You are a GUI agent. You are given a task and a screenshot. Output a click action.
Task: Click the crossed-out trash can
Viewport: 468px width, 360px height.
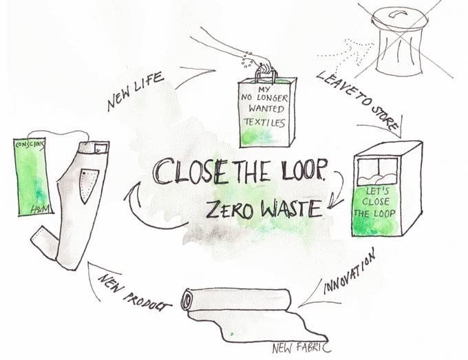(x=400, y=42)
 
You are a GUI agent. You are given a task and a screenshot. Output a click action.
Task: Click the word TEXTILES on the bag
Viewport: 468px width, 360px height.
(x=264, y=122)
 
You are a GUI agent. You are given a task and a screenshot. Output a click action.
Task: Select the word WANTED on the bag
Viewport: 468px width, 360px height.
(x=266, y=109)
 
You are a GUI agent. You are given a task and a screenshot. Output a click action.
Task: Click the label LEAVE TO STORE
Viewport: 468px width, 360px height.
(x=357, y=100)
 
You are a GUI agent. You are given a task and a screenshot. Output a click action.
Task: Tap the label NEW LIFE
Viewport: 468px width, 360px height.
(x=136, y=91)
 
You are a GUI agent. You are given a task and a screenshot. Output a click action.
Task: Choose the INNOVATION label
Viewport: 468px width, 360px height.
(x=349, y=272)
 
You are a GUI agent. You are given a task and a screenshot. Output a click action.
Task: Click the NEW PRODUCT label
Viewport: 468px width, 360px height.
(x=135, y=293)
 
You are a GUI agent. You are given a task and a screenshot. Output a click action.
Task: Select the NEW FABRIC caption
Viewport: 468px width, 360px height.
(x=301, y=348)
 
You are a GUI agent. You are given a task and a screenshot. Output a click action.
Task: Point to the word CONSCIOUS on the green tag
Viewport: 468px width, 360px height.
(x=30, y=145)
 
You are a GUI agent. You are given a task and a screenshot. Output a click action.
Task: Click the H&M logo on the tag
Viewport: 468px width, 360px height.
(x=41, y=209)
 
